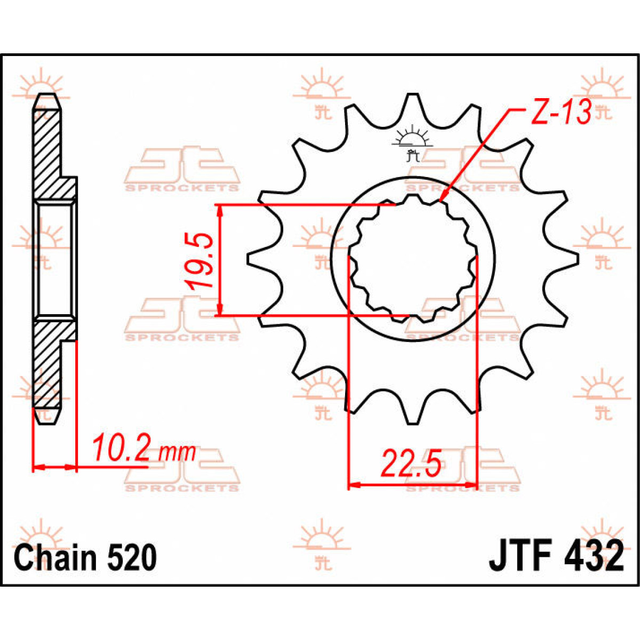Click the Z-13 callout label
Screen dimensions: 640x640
[561, 113]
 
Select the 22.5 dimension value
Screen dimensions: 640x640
[411, 464]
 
